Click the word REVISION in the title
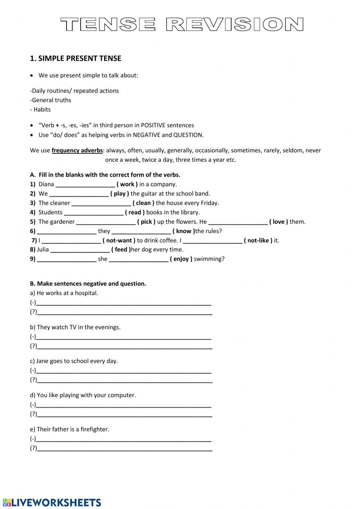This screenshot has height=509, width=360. point(235,25)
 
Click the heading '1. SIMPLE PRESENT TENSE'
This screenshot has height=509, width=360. point(76,58)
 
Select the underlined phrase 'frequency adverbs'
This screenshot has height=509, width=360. point(77,150)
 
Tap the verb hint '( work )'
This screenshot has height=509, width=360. point(127,184)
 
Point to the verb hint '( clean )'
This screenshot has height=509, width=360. point(143,203)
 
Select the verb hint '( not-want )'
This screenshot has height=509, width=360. point(119,240)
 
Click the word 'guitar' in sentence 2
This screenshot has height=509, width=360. point(149,193)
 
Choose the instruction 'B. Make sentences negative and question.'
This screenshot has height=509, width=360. point(88,283)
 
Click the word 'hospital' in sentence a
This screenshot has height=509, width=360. point(86,293)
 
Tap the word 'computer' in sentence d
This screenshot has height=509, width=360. point(122,395)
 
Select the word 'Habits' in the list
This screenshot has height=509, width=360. point(42,110)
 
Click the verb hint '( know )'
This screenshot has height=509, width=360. point(184,231)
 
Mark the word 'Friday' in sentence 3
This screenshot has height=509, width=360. point(209,203)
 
